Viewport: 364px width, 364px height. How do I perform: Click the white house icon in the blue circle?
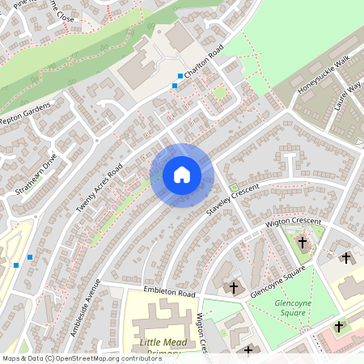pyautogui.click(x=182, y=175)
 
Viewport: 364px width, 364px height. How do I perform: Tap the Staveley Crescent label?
pyautogui.click(x=233, y=199)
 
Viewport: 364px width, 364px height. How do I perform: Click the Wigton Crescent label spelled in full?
pyautogui.click(x=293, y=221)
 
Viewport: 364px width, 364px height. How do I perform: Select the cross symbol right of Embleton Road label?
pyautogui.click(x=235, y=287)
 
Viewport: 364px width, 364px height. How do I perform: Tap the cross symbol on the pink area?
pyautogui.click(x=339, y=327)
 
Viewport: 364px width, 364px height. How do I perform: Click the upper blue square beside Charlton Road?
pyautogui.click(x=180, y=76)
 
